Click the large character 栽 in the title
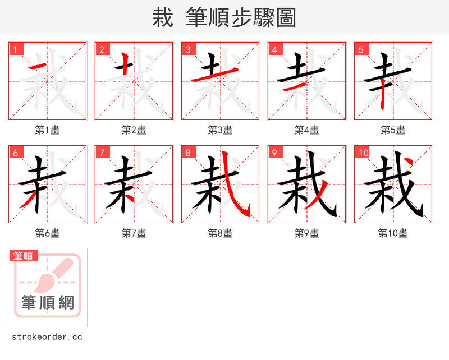pyautogui.click(x=162, y=18)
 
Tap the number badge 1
pyautogui.click(x=16, y=49)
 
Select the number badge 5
pyautogui.click(x=361, y=49)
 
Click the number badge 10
pyautogui.click(x=363, y=153)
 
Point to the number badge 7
pyautogui.click(x=102, y=153)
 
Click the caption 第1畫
pyautogui.click(x=48, y=130)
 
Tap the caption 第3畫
pyautogui.click(x=221, y=130)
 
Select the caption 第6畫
pyautogui.click(x=48, y=233)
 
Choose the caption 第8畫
pyautogui.click(x=221, y=233)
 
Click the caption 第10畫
pyautogui.click(x=393, y=233)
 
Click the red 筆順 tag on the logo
pyautogui.click(x=24, y=256)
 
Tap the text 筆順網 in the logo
pyautogui.click(x=48, y=303)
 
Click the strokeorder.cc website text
pyautogui.click(x=47, y=336)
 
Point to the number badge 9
pyautogui.click(x=275, y=153)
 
